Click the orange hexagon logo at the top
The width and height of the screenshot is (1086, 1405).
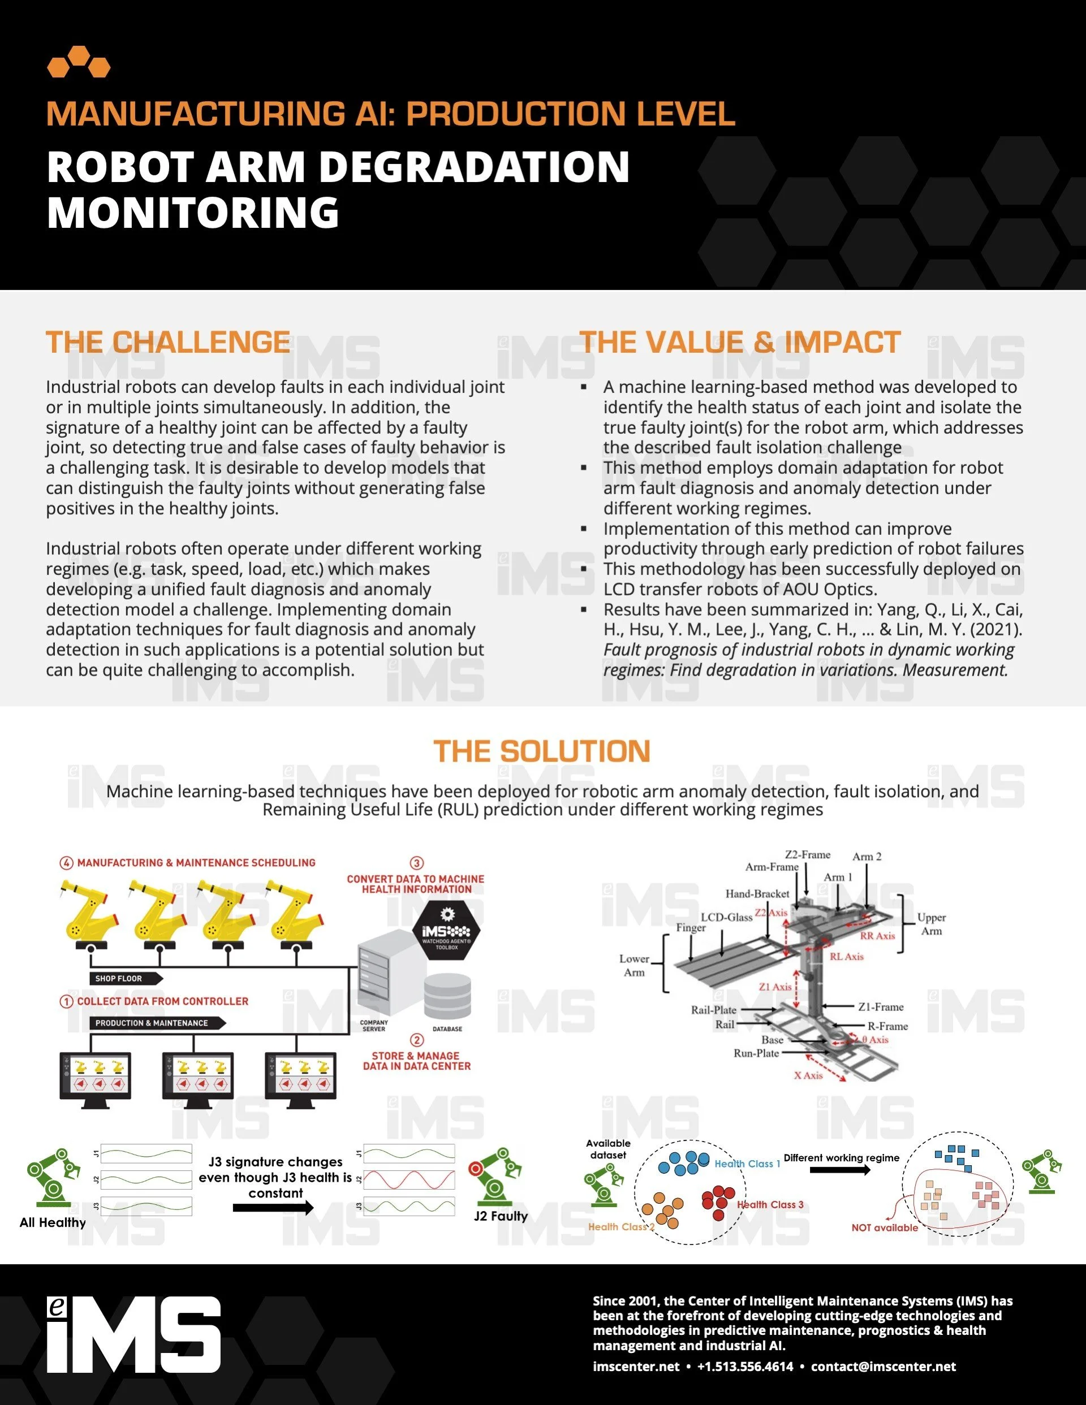(x=79, y=62)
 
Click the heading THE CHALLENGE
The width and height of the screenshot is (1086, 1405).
(x=167, y=342)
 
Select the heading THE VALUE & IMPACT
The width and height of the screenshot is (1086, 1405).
(x=740, y=342)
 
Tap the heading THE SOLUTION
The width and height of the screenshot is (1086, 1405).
(x=542, y=751)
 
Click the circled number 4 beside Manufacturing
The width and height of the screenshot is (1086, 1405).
(x=66, y=863)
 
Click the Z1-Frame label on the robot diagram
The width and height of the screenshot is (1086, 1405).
(x=881, y=1007)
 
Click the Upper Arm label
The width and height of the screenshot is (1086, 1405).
(x=931, y=924)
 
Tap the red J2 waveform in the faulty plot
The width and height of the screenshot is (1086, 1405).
(x=410, y=1180)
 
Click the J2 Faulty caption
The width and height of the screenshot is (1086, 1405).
(x=501, y=1216)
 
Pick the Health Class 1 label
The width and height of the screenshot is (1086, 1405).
(x=747, y=1164)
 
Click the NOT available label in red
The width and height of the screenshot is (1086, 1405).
(x=885, y=1227)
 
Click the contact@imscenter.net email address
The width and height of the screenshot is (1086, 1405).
(x=883, y=1367)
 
